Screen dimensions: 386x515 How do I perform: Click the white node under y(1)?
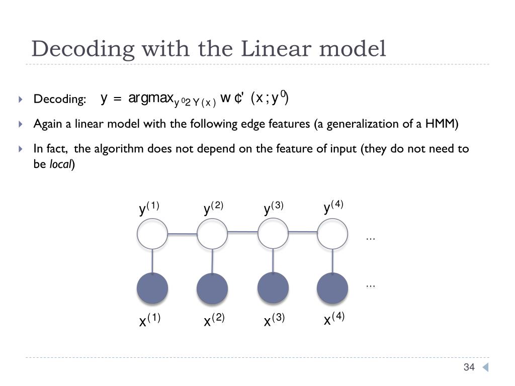coord(152,234)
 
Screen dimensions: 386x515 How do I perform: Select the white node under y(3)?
coord(273,234)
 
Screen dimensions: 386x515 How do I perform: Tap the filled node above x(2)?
coord(212,288)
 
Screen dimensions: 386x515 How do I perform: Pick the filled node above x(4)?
coord(332,288)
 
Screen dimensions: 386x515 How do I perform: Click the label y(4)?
coord(333,207)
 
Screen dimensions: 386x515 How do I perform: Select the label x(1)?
coord(150,320)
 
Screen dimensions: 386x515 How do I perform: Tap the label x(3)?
coord(274,320)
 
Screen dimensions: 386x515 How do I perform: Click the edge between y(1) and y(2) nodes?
coord(182,234)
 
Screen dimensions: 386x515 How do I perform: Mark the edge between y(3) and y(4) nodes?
coord(303,232)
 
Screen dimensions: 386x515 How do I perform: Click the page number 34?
coord(469,367)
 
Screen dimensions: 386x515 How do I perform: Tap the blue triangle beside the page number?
coord(485,367)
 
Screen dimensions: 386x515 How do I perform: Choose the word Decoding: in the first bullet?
coord(60,99)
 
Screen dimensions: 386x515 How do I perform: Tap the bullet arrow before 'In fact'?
coord(21,149)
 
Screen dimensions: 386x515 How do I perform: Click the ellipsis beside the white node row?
coord(371,238)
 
